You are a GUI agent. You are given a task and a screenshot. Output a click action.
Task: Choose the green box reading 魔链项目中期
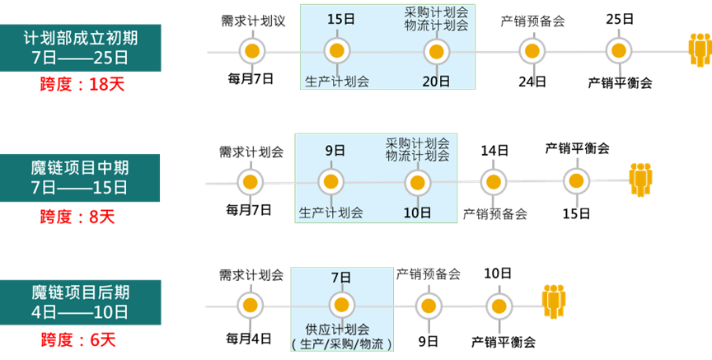coord(81,178)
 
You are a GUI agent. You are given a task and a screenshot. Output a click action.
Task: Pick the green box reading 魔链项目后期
coord(81,302)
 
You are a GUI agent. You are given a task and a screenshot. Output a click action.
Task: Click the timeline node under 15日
coord(336,51)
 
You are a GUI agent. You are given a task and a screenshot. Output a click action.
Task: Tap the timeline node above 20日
coord(436,51)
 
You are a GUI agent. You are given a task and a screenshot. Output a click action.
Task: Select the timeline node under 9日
coord(330,181)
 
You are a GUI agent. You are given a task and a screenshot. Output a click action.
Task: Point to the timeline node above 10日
coord(417,181)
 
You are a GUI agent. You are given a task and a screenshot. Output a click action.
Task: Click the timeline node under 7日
coord(341,305)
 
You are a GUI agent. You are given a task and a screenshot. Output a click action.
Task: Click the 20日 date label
coord(436,81)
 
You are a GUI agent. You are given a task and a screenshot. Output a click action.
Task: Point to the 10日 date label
coord(418,212)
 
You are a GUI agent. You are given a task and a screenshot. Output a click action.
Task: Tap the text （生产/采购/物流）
coord(342,344)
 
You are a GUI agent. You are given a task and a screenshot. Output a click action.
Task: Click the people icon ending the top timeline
coord(700,51)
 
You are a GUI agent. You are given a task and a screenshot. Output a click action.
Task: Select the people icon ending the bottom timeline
coord(554,302)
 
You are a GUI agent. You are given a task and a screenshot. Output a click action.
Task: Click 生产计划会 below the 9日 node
coord(330,212)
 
